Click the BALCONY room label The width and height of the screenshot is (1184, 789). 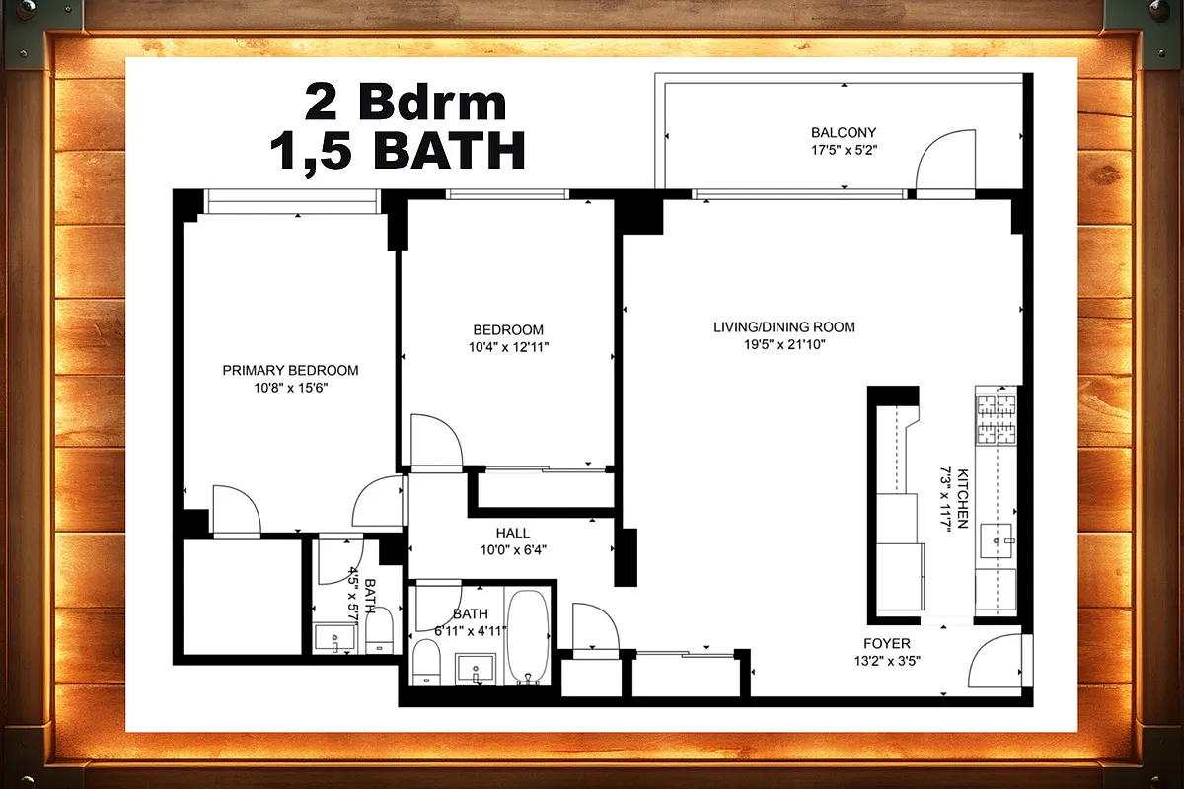[x=843, y=132]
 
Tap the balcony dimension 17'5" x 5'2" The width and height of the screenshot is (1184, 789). [x=843, y=151]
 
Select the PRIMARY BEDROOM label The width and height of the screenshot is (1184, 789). [x=290, y=370]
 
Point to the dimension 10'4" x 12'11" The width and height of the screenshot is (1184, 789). [x=508, y=346]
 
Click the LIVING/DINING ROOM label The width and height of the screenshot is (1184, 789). [x=784, y=326]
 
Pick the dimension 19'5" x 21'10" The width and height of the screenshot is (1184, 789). [x=784, y=344]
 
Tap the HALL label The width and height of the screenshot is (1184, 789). [x=513, y=534]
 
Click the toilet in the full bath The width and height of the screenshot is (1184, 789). [x=425, y=661]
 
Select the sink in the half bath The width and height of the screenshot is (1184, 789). [x=336, y=638]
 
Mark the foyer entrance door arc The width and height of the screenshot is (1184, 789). [x=994, y=662]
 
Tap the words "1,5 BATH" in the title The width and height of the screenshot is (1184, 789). [x=397, y=151]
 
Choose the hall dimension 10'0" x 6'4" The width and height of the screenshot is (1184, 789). [x=513, y=550]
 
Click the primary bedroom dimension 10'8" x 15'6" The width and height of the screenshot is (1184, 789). [x=290, y=388]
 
